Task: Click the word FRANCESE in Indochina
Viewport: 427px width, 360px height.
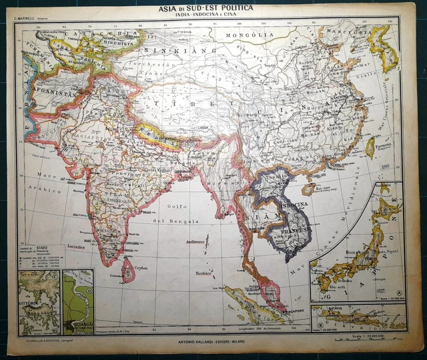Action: coord(292,232)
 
